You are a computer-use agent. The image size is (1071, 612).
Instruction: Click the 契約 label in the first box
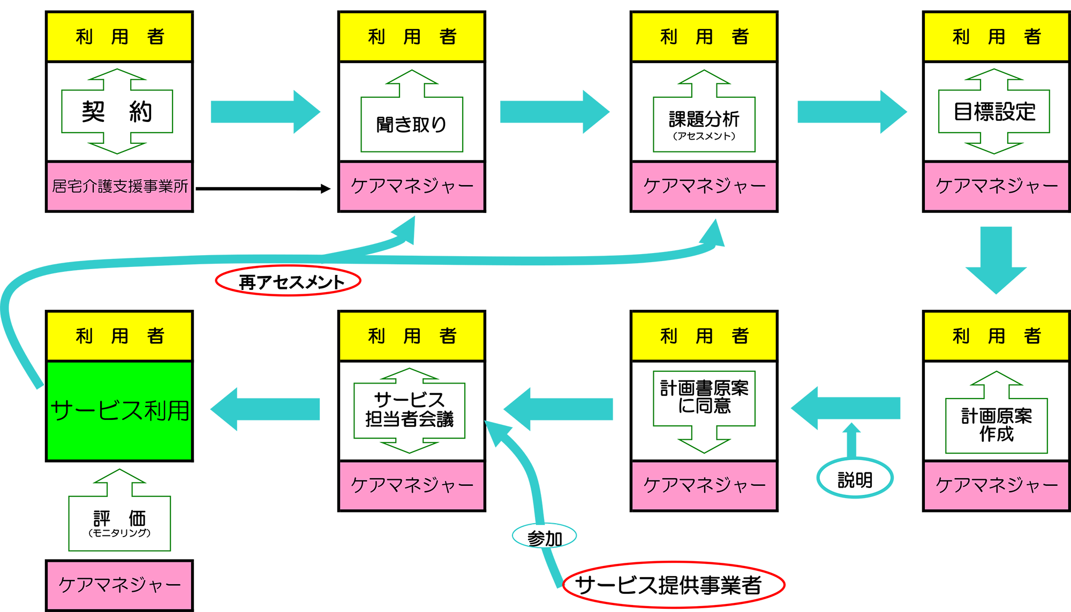click(117, 112)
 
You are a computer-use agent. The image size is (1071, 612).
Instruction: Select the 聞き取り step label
click(411, 125)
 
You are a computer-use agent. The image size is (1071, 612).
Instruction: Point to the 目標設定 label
click(994, 112)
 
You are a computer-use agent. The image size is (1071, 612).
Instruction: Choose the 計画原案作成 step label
click(996, 425)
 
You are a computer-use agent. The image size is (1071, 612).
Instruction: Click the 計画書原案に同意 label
click(704, 397)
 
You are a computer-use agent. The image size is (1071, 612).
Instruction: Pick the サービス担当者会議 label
click(410, 410)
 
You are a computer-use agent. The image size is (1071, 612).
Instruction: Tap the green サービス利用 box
click(119, 411)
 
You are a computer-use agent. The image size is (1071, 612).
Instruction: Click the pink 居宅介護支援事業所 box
click(119, 186)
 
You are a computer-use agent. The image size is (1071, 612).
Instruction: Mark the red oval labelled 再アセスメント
click(288, 281)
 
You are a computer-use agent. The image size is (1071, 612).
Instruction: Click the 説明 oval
click(855, 479)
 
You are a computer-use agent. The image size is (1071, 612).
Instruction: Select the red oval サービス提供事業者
click(673, 585)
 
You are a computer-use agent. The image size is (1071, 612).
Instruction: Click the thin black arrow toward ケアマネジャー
click(262, 189)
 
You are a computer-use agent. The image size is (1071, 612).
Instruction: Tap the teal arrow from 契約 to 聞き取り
click(265, 112)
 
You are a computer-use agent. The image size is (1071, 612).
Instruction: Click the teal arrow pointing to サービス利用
click(266, 409)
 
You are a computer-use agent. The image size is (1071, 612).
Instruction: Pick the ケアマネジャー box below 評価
click(119, 585)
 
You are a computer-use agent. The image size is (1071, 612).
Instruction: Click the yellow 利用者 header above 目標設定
click(996, 37)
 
